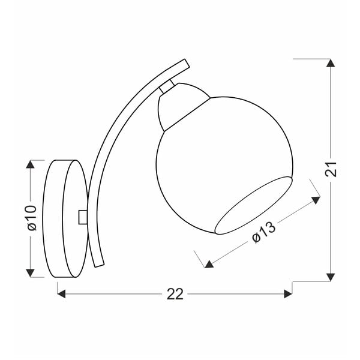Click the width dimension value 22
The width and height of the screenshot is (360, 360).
[x=175, y=293]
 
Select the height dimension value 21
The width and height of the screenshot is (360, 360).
[x=335, y=170]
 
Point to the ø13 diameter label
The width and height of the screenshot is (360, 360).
[x=263, y=232]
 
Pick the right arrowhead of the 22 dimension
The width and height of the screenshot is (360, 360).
[x=287, y=293]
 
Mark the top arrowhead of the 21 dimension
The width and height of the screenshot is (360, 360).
[x=329, y=63]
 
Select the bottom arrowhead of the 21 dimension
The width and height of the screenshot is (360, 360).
[x=329, y=277]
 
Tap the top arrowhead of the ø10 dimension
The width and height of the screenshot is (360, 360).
[x=29, y=164]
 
